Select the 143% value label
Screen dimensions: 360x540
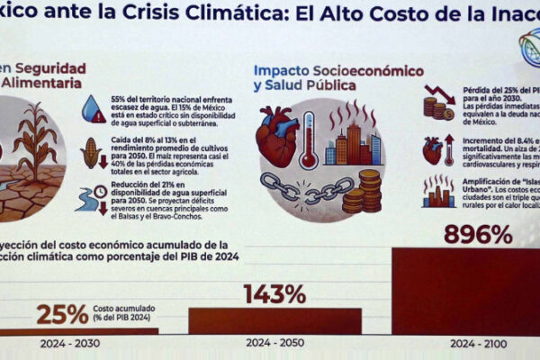point(274,294)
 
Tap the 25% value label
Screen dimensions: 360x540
point(62,314)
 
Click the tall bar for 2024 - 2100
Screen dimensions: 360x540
point(467,290)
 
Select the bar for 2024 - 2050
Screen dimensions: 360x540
point(274,321)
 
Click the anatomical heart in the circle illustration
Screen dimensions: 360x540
point(277,135)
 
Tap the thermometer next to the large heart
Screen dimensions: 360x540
point(309,139)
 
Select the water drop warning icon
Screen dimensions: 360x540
point(93,110)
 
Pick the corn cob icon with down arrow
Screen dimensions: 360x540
point(92,154)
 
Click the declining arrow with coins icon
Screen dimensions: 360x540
point(437,102)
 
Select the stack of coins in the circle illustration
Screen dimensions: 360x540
point(368,191)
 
